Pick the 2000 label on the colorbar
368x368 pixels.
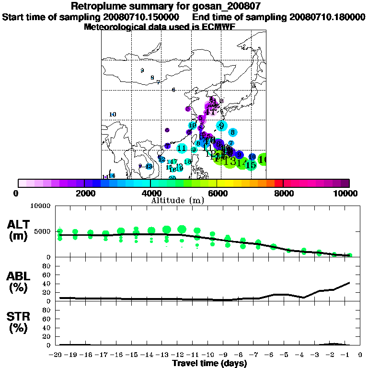click(x=84, y=193)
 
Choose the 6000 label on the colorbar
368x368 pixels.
click(x=217, y=193)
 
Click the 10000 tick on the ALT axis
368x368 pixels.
click(x=40, y=206)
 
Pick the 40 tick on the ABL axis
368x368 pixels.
click(x=46, y=284)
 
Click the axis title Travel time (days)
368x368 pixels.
click(x=209, y=363)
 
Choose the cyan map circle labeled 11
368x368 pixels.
click(x=182, y=149)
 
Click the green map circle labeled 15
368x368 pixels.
click(x=251, y=165)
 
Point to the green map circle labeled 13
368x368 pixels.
click(x=230, y=161)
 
